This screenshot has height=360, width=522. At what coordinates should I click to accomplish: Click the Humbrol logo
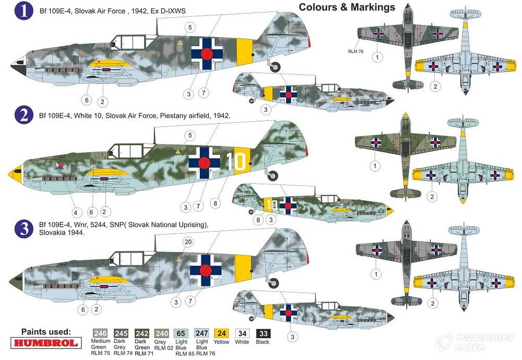coord(46,343)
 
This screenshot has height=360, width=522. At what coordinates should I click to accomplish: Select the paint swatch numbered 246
coord(100,333)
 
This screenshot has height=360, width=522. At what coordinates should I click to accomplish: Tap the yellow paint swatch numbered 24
coord(221,333)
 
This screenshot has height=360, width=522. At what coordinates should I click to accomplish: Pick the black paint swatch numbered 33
coord(263,333)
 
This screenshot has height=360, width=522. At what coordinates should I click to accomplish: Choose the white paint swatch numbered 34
coord(242,333)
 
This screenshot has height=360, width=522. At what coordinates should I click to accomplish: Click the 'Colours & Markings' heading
coord(347,7)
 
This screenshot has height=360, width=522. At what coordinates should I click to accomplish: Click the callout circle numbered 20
coord(188,242)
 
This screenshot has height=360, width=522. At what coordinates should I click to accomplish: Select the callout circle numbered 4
coord(76,212)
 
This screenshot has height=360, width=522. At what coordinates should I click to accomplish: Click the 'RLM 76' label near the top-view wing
coord(355,51)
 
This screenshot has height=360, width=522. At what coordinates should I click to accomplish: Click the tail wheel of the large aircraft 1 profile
coord(275,67)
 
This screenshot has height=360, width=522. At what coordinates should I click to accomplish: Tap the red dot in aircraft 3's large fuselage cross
coord(206,270)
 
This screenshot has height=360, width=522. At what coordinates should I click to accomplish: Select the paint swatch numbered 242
coord(142,333)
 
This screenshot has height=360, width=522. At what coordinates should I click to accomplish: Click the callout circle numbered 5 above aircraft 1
coord(190,27)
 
